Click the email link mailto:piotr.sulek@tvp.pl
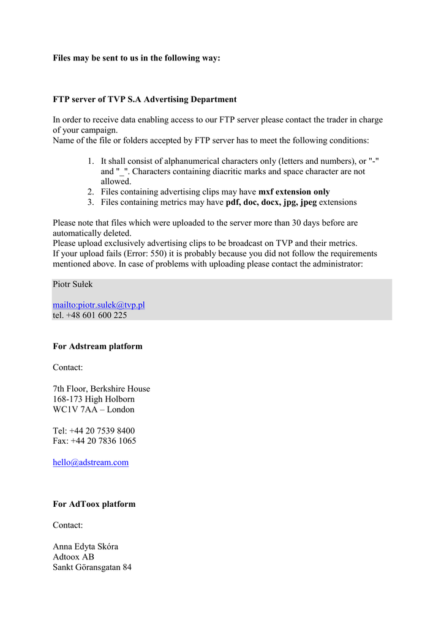tap(99, 305)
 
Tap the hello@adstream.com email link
tap(91, 463)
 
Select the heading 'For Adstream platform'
tap(97, 347)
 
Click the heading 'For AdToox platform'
tap(94, 504)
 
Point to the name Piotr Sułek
tap(73, 284)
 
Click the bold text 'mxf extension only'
tap(294, 192)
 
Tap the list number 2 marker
tap(90, 192)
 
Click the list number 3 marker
tap(90, 202)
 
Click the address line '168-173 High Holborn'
tap(94, 399)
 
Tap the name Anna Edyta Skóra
tap(85, 547)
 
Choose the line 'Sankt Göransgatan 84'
tap(92, 567)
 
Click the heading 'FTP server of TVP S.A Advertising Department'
tap(145, 100)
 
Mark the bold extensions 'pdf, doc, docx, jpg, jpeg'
tap(271, 202)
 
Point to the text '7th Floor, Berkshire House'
tap(101, 389)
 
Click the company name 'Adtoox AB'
tap(73, 557)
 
